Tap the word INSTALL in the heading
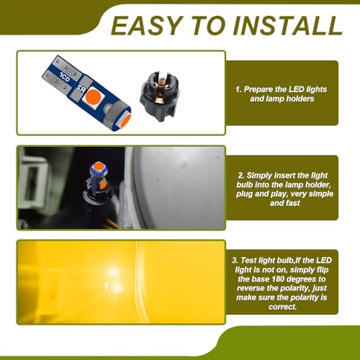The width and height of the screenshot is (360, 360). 287,26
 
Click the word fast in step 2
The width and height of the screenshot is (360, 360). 292,203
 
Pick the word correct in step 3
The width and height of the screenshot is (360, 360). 282,307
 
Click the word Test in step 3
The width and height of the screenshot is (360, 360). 248,261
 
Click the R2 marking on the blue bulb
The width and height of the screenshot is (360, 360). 81,89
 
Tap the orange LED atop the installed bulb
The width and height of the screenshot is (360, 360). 99,166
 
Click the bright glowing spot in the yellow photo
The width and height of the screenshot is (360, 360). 112,276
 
